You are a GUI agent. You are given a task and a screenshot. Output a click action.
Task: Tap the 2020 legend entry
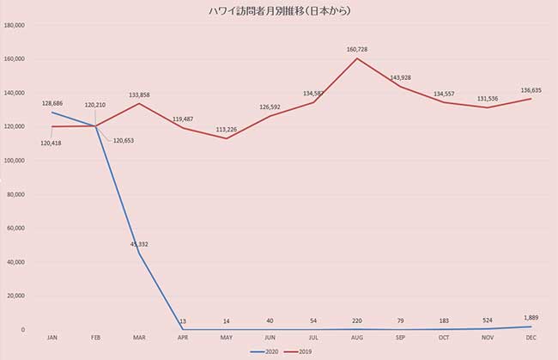tap(266, 351)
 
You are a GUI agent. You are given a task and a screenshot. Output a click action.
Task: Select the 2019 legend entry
tap(300, 351)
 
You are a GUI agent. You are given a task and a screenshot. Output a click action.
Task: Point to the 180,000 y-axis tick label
tap(15, 25)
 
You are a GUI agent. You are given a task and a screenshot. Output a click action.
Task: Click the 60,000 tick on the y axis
tap(17, 228)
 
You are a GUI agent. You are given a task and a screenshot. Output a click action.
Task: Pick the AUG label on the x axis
tap(357, 338)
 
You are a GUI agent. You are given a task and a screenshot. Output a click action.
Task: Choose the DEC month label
tap(531, 338)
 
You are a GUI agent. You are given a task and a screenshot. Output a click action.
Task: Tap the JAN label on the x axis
tap(52, 338)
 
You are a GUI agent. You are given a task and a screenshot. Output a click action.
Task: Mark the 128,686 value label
tap(53, 103)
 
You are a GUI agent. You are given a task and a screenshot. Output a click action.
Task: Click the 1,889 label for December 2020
tap(532, 318)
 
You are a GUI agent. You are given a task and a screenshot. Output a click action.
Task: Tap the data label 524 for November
tap(488, 320)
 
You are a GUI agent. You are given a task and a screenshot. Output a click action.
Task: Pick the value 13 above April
tap(183, 321)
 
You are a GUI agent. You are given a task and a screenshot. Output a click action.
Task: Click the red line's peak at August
tap(357, 58)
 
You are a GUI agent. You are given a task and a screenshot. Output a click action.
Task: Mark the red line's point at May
tap(226, 138)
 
